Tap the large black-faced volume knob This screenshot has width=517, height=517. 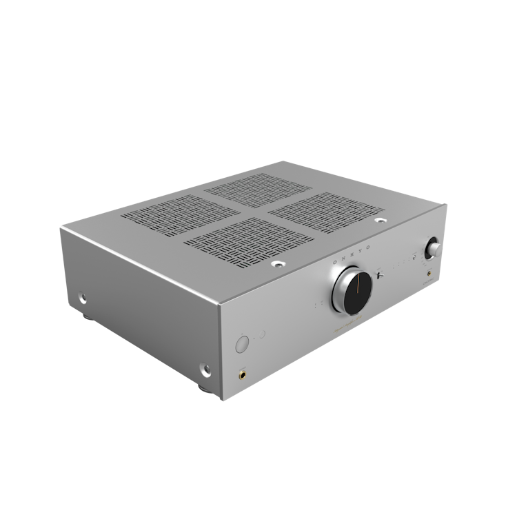[353, 292]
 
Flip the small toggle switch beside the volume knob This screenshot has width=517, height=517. [381, 276]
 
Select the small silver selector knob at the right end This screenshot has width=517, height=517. [434, 247]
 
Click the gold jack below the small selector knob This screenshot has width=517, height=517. [431, 273]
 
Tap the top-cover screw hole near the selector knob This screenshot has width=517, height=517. [381, 222]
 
